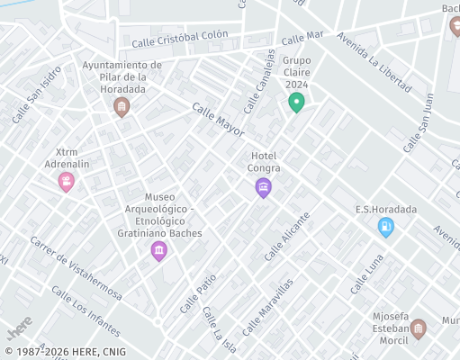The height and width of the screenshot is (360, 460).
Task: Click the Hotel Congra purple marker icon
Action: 263,187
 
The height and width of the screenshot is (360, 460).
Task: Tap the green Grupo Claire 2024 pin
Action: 295,103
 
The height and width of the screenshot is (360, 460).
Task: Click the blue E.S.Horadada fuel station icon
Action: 386,228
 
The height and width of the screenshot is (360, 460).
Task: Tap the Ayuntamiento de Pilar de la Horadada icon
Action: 122,107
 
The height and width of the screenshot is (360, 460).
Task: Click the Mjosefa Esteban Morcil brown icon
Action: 419,330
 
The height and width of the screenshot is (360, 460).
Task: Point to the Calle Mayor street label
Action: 218,119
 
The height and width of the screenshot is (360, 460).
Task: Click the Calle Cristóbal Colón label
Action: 179,40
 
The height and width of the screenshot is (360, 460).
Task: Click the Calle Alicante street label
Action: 287,237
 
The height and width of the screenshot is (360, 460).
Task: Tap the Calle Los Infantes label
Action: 86,310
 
